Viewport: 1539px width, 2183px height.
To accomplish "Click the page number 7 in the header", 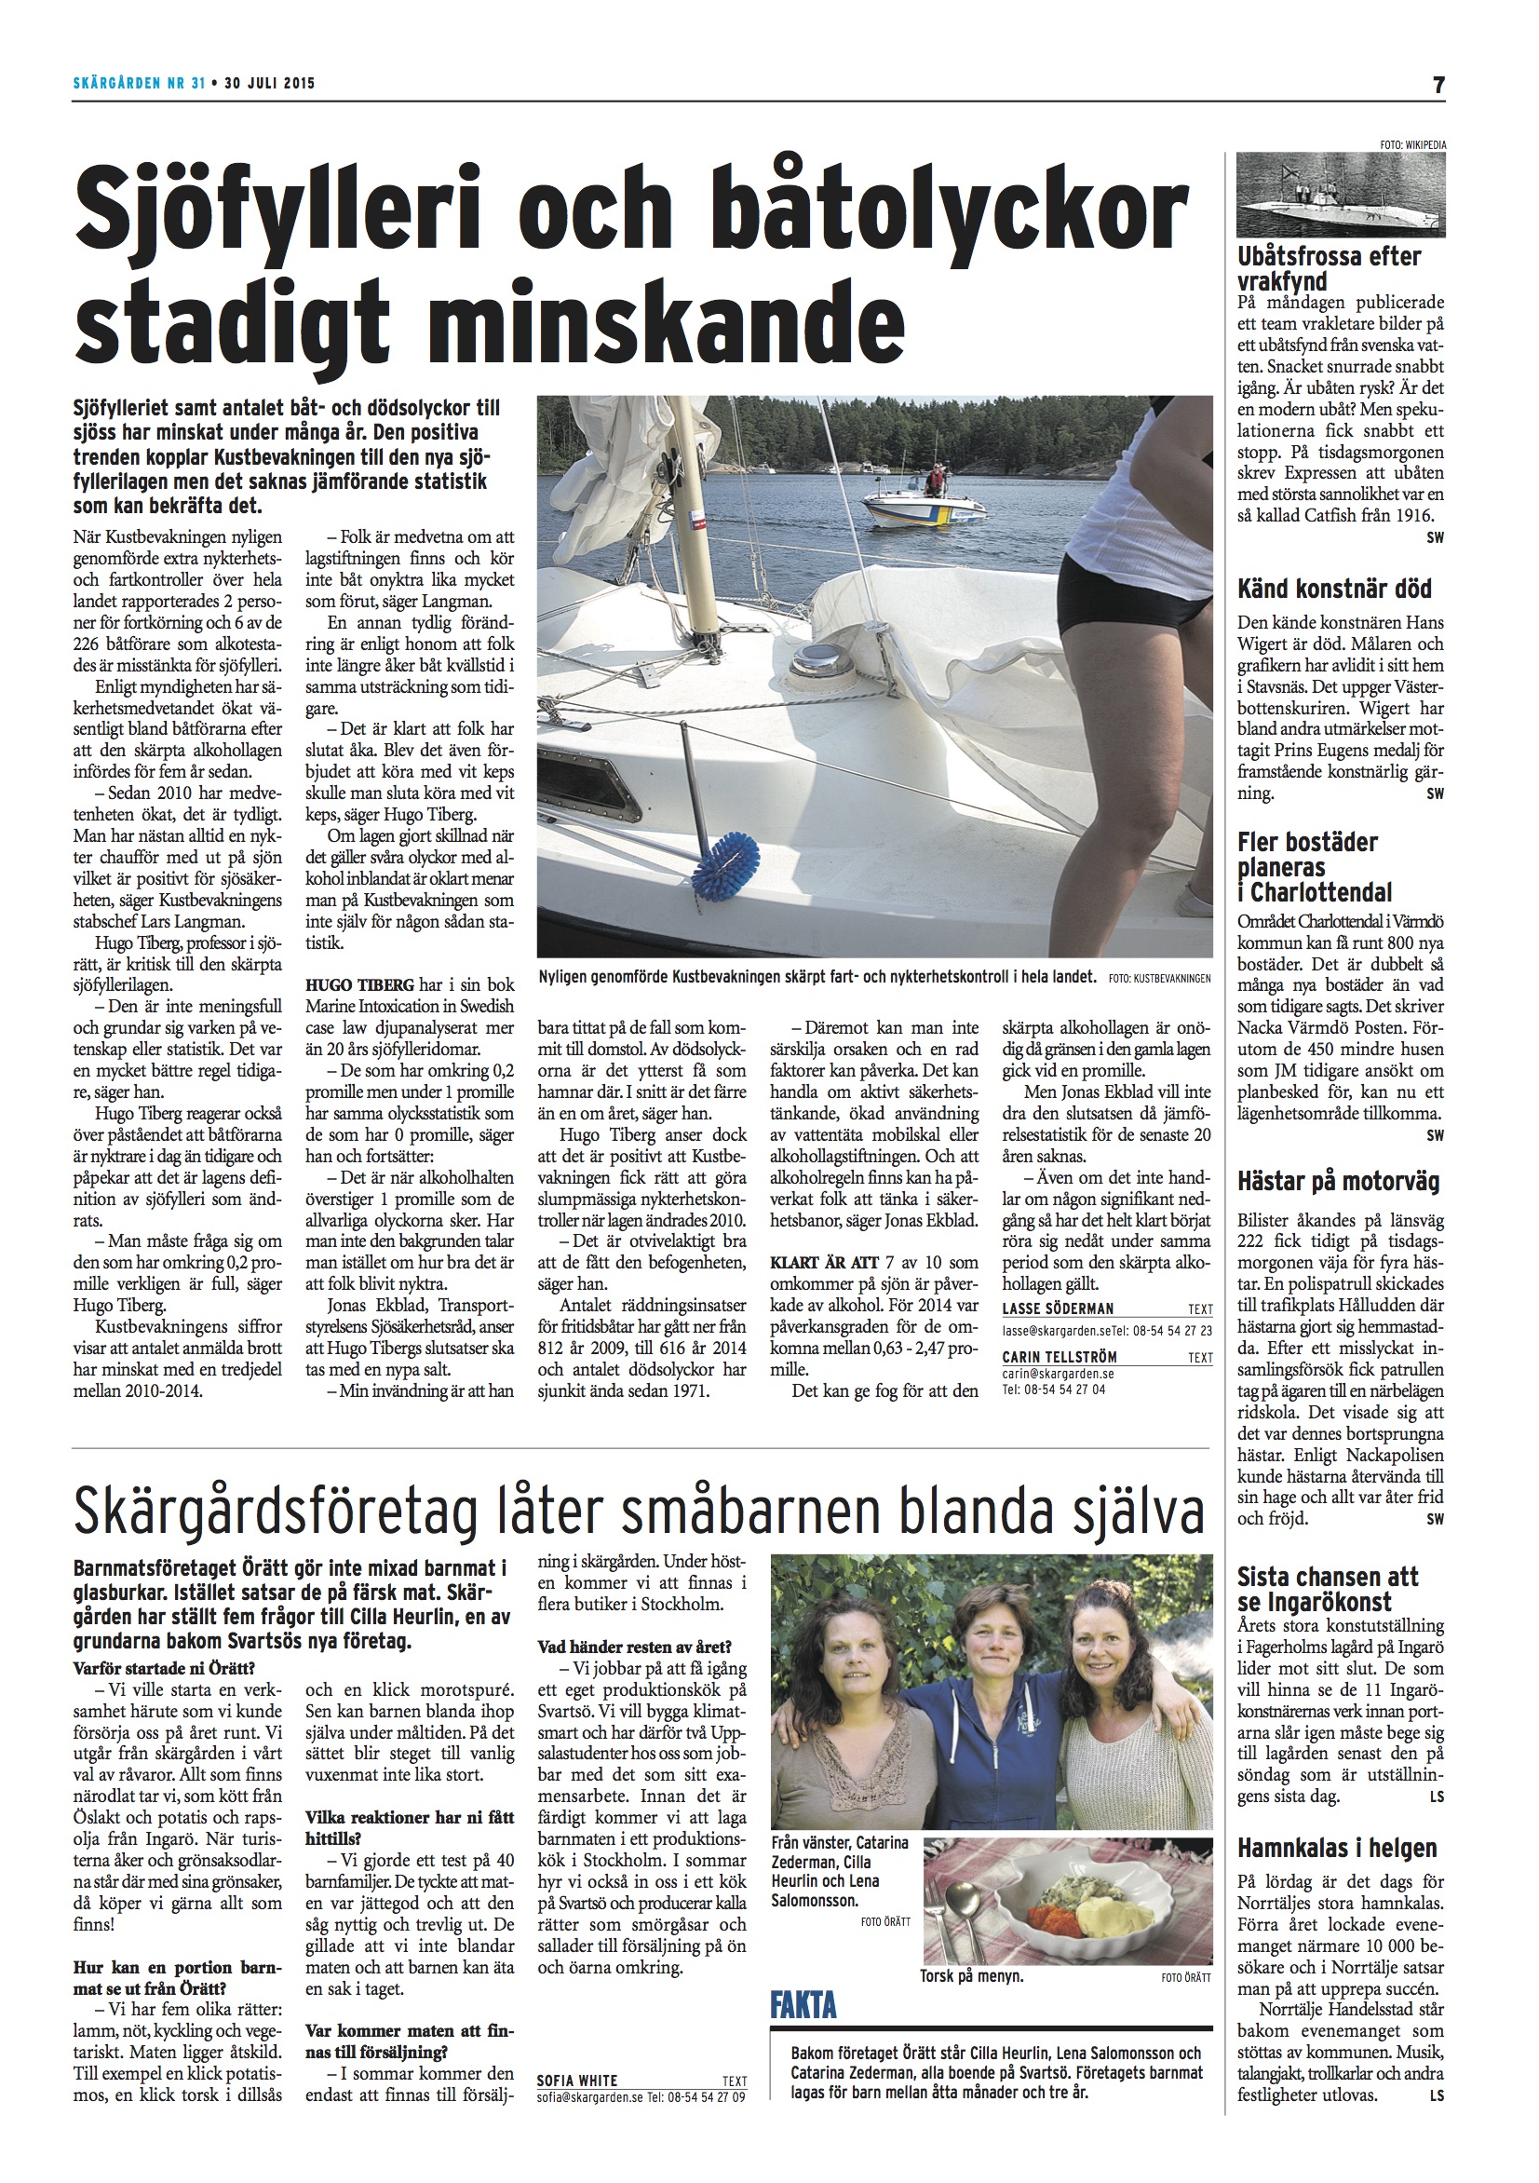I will pos(1438,85).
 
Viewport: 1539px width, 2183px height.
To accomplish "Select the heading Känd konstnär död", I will pos(1333,589).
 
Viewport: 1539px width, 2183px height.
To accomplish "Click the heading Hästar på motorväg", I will pos(1339,1182).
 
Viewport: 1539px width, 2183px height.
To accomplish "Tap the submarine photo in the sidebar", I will pos(1341,194).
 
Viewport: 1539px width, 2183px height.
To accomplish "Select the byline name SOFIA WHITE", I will pos(577,2107).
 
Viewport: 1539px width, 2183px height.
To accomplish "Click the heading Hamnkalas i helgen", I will pos(1337,1849).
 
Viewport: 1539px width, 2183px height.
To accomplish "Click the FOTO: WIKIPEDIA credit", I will pos(1412,144).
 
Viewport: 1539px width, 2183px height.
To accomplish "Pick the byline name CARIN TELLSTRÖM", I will pos(1059,1357).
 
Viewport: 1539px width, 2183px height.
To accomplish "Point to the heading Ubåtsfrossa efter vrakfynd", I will pos(1329,268).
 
